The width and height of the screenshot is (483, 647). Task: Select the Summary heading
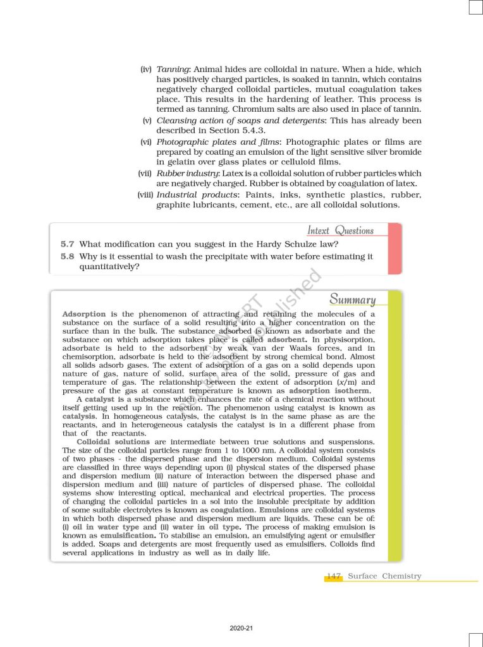click(352, 299)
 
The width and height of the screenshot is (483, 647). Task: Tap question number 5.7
click(68, 244)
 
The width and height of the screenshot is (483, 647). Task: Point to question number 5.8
click(68, 257)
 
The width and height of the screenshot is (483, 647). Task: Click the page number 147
click(334, 576)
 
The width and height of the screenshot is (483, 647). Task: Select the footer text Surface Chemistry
click(384, 576)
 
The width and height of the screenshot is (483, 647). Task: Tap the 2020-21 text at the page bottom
click(241, 629)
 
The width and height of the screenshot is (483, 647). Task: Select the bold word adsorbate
click(325, 331)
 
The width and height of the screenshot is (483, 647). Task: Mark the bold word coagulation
click(233, 509)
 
